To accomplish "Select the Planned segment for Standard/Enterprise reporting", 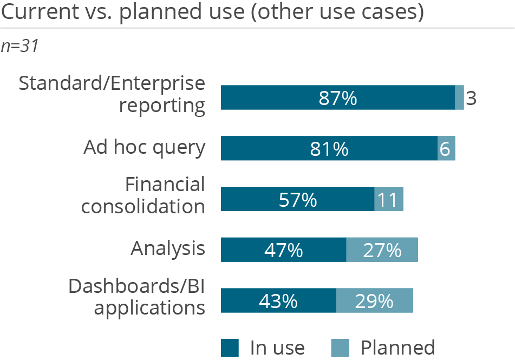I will coord(459,98).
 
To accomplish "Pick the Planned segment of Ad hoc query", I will coord(446,148).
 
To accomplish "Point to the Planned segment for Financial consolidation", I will coord(389,199).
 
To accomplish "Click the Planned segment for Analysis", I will coord(382,250).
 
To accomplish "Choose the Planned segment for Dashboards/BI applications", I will coord(374,300).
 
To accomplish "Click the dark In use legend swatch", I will coord(230,348).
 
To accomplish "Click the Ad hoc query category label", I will coord(144,148).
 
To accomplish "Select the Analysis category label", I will coord(168,249).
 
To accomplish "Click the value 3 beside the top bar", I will coord(471,99).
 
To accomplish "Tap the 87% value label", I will coord(338,99).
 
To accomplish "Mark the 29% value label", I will coord(374,301).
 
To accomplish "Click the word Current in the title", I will coord(34,12).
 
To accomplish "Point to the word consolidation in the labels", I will coord(143,206).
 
